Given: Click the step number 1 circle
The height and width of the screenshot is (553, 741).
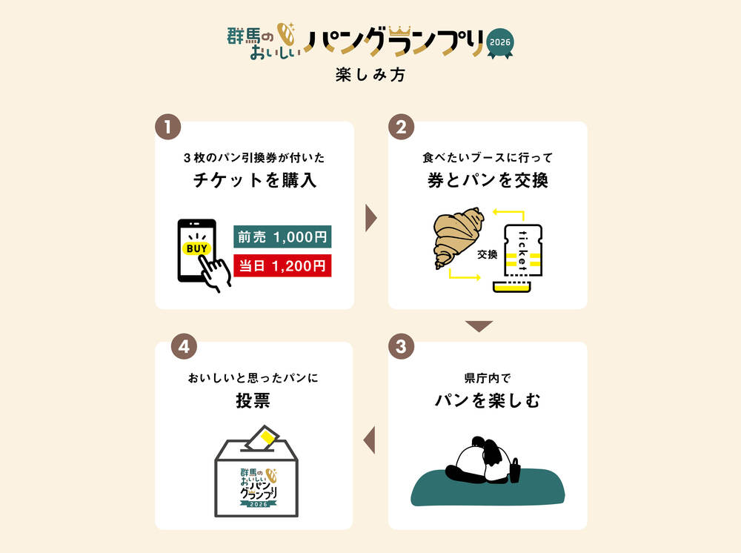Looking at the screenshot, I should coord(168,127).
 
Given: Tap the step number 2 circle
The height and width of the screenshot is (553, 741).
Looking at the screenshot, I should coord(402,127).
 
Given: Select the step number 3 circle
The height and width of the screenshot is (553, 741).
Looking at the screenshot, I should coord(402,347).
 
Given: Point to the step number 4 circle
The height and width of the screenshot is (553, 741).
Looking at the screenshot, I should coord(184,347).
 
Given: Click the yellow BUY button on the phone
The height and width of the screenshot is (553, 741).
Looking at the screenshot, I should coord(196,248).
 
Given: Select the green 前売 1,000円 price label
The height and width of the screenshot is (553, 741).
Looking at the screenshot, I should coord(282,237).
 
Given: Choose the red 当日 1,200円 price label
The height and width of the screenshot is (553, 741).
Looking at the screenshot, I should coord(282,265).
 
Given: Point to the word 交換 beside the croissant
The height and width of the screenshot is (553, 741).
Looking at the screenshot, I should coord(487,254).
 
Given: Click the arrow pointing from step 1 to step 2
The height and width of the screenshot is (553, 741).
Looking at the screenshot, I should coord(371,218).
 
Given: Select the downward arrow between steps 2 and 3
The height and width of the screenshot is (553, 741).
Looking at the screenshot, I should coord(479,326).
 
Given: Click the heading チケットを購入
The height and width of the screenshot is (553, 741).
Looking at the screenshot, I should coord(254,180).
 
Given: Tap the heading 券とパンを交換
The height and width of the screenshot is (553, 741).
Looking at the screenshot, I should coord(488,180).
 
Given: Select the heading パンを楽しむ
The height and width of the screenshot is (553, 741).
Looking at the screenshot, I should coord(488,401).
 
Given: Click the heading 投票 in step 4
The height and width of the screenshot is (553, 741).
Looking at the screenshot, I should coord(253,401).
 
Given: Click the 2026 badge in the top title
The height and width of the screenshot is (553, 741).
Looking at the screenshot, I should coord(502,41).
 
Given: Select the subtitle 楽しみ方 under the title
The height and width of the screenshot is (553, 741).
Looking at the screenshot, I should coord(370,75).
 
